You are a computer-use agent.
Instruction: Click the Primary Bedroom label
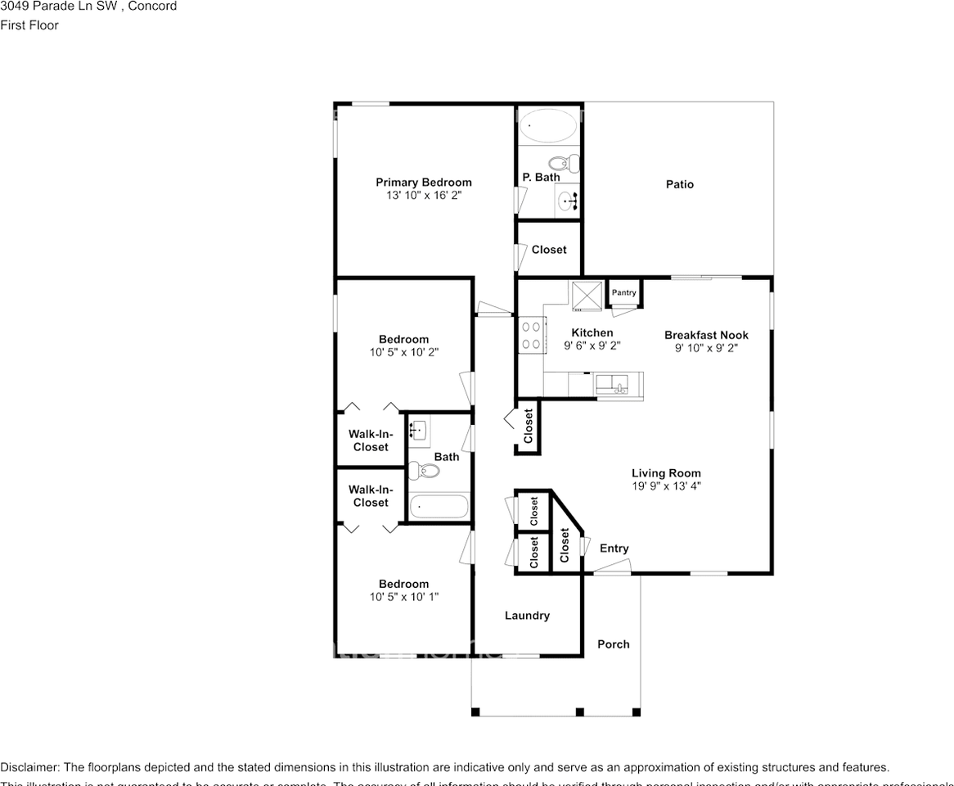pos(423,183)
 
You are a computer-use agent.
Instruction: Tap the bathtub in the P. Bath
pos(549,125)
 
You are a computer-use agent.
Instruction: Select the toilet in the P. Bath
pos(563,163)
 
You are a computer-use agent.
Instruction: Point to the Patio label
pos(679,184)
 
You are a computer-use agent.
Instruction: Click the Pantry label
pos(624,292)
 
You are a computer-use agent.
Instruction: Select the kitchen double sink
pos(611,384)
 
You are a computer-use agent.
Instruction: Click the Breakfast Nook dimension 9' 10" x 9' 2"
pos(706,347)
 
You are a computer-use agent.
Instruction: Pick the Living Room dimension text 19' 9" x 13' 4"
pos(666,486)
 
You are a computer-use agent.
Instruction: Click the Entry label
pos(614,549)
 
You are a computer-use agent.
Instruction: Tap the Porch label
pos(613,644)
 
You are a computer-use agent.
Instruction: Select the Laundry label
pos(527,616)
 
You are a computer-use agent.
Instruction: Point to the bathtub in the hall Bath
pos(439,506)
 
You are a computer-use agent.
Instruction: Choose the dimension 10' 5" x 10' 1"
pos(403,597)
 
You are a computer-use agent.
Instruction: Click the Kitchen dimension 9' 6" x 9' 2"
pos(592,346)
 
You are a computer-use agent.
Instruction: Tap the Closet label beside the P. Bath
pos(548,250)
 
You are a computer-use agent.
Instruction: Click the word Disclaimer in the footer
pos(29,767)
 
